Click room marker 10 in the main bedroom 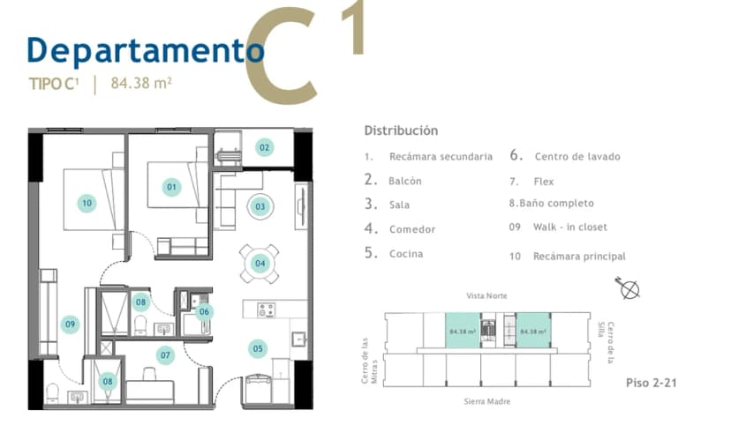click(x=87, y=203)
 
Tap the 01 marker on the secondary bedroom click(x=171, y=187)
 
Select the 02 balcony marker click(x=264, y=147)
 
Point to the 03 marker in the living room click(x=260, y=206)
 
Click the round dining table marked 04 click(x=260, y=264)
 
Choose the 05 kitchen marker click(x=258, y=349)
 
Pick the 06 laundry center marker click(x=204, y=311)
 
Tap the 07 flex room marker click(x=165, y=355)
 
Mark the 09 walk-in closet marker click(x=70, y=324)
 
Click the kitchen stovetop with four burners click(x=267, y=309)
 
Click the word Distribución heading click(x=401, y=131)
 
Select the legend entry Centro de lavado click(x=577, y=156)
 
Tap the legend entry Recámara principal click(x=579, y=257)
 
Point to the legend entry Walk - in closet click(x=570, y=227)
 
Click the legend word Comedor click(x=412, y=229)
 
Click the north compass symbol click(x=629, y=288)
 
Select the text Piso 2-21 click(x=652, y=383)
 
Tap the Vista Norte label click(x=486, y=295)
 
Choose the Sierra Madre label click(x=487, y=401)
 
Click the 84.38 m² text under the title click(x=141, y=83)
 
